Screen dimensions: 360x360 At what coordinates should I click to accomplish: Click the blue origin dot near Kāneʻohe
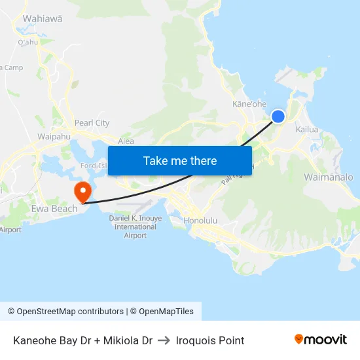click(x=278, y=117)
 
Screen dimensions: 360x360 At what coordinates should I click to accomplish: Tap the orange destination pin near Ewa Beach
click(x=83, y=191)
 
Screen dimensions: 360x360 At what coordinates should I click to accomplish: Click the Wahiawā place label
click(x=43, y=19)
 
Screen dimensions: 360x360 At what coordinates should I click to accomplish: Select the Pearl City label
click(x=92, y=123)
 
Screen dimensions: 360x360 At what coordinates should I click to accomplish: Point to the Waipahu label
click(x=54, y=137)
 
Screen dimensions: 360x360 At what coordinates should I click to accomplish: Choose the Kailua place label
click(x=307, y=130)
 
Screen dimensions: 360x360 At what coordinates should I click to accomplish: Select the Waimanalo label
click(x=328, y=177)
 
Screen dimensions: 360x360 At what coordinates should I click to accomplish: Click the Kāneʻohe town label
click(x=250, y=104)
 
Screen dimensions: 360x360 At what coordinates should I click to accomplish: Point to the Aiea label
click(x=126, y=141)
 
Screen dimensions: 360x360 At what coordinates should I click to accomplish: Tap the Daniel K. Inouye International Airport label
click(x=135, y=226)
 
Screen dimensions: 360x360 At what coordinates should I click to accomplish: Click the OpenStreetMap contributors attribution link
click(x=65, y=312)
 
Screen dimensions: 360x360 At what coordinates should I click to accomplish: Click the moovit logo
click(x=320, y=340)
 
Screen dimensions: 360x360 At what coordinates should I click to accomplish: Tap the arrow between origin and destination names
click(x=164, y=340)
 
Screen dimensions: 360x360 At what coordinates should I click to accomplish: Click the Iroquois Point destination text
click(x=210, y=340)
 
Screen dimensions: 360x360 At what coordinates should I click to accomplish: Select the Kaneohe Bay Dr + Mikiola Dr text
click(x=82, y=340)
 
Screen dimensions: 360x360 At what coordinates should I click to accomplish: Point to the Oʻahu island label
click(x=28, y=43)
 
